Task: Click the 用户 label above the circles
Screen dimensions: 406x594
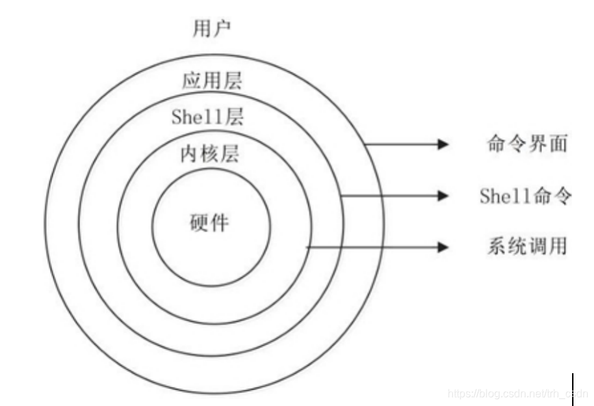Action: point(211,28)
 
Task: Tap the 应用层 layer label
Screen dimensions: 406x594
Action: point(211,82)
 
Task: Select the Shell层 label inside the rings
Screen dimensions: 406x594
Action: point(207,117)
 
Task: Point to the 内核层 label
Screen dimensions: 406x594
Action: point(209,154)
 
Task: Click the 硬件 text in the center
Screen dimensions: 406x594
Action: point(209,223)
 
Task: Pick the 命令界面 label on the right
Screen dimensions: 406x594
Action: point(526,144)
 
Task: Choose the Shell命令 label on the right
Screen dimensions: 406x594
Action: point(525,196)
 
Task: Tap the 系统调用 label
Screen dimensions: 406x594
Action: point(526,246)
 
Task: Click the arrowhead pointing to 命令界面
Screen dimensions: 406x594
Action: point(443,144)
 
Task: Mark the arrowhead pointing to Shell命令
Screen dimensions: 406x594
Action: point(443,196)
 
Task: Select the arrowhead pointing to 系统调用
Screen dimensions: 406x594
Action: point(443,246)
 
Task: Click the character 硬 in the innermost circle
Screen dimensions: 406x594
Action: point(198,223)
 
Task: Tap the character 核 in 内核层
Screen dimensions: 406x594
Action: point(209,154)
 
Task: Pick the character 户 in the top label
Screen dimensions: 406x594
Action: point(221,28)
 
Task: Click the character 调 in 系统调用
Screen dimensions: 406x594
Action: point(537,246)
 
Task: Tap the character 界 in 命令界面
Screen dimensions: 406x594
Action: point(537,144)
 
